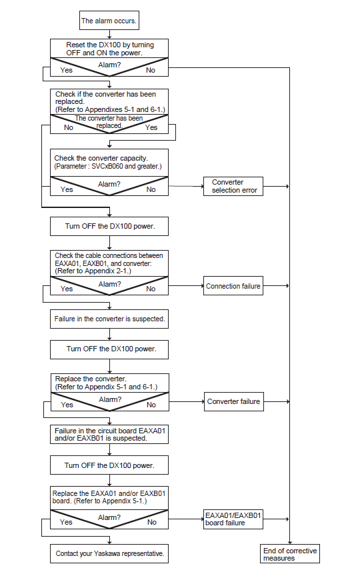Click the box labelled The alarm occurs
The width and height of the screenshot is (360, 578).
pyautogui.click(x=109, y=20)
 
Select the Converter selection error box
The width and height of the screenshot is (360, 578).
pyautogui.click(x=233, y=186)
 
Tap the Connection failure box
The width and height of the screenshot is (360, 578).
pyautogui.click(x=233, y=286)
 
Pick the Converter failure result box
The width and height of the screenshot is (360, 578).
pyautogui.click(x=234, y=401)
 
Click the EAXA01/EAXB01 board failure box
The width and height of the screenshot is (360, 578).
pyautogui.click(x=233, y=519)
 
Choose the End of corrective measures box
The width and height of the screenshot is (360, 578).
pyautogui.click(x=290, y=554)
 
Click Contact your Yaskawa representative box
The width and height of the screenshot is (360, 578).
pyautogui.click(x=109, y=554)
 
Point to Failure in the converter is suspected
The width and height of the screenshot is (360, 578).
pyautogui.click(x=109, y=319)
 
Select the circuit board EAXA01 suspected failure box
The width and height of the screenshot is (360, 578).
pyautogui.click(x=109, y=434)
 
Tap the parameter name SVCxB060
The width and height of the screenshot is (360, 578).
pyautogui.click(x=107, y=166)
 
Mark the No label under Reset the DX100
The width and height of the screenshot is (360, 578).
pyautogui.click(x=151, y=70)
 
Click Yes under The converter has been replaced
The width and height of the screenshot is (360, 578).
pyautogui.click(x=151, y=127)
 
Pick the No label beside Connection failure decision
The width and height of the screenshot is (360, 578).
pyautogui.click(x=151, y=289)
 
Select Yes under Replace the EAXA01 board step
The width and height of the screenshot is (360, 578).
pyautogui.click(x=66, y=522)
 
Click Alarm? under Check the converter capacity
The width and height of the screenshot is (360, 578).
pyautogui.click(x=109, y=184)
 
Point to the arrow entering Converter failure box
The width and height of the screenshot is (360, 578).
pyautogui.click(x=187, y=401)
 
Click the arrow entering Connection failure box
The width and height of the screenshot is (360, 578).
pyautogui.click(x=186, y=286)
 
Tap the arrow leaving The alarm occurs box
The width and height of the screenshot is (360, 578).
pyautogui.click(x=109, y=34)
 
